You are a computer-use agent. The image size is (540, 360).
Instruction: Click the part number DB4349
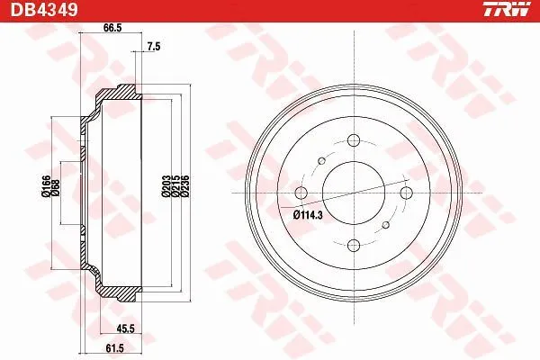pyautogui.click(x=44, y=9)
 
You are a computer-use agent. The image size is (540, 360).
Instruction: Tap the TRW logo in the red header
pyautogui.click(x=507, y=9)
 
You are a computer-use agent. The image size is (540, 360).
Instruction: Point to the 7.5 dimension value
pyautogui.click(x=154, y=47)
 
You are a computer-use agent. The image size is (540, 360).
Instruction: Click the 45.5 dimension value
pyautogui.click(x=125, y=328)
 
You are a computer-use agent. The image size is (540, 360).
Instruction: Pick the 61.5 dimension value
pyautogui.click(x=114, y=348)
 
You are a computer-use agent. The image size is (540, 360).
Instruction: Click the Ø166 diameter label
pyautogui.click(x=46, y=186)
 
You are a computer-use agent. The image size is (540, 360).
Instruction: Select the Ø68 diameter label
pyautogui.click(x=56, y=188)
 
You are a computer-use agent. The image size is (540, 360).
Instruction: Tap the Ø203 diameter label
pyautogui.click(x=166, y=186)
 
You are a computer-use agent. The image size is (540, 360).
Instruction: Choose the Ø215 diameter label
pyautogui.click(x=175, y=186)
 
